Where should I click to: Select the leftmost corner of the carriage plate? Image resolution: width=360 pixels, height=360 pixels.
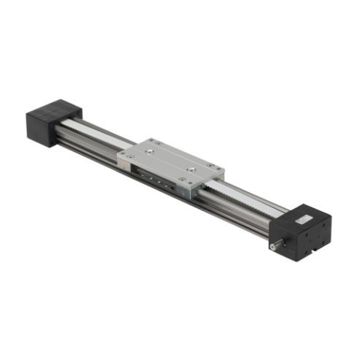[119, 155]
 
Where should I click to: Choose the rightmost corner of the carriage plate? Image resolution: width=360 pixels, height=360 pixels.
[224, 172]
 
